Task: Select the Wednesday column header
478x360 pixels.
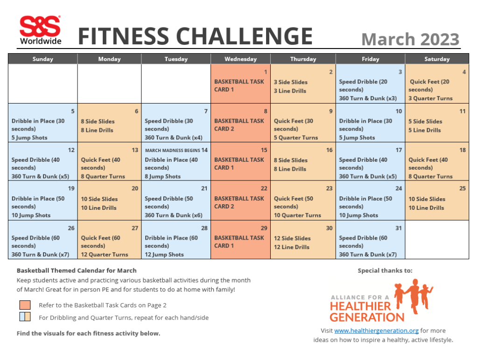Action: (240, 59)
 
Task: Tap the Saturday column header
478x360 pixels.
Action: (436, 59)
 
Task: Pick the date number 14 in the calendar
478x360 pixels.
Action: (204, 150)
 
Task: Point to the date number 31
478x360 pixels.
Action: (399, 228)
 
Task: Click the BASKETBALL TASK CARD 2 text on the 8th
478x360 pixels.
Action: (239, 125)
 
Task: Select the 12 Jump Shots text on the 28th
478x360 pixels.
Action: (164, 255)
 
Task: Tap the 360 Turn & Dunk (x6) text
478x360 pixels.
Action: (173, 215)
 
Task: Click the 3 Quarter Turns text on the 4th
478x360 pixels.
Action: (430, 98)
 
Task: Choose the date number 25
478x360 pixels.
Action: (462, 188)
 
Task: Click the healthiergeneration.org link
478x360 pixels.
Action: (376, 331)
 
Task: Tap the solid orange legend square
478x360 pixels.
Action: (25, 305)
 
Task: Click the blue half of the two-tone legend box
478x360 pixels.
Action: (22, 318)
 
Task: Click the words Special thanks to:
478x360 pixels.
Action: (385, 270)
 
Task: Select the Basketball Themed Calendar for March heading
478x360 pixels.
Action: (77, 270)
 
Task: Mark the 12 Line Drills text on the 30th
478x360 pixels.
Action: (291, 247)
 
